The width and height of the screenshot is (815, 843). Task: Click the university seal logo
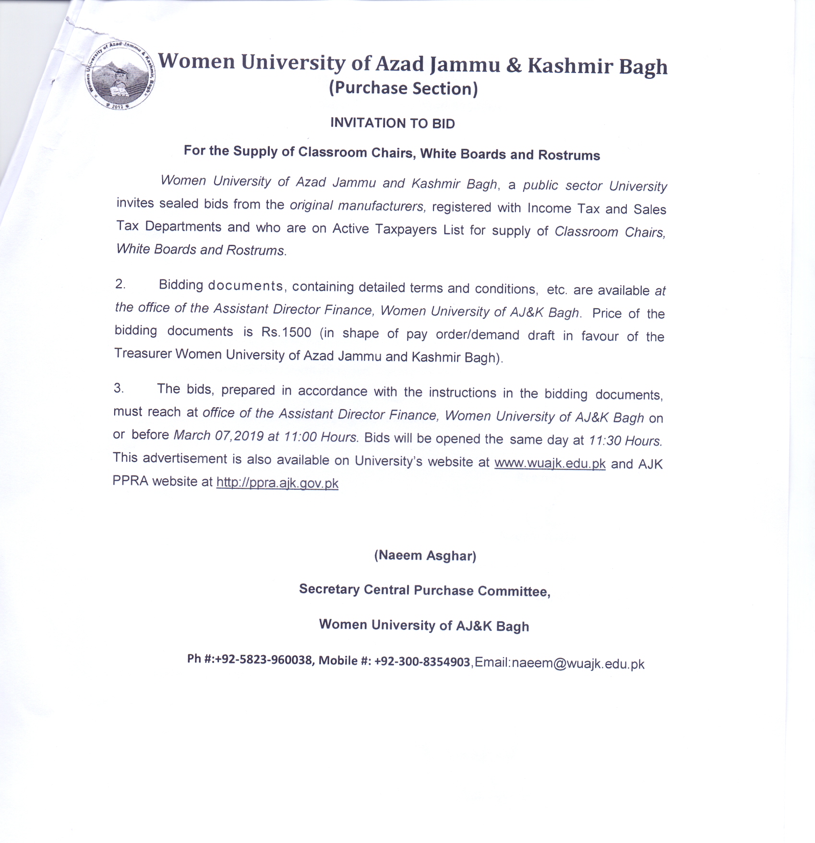point(120,74)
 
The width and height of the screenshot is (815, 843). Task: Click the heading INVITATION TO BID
point(392,123)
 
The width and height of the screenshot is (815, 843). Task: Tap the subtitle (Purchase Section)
point(403,88)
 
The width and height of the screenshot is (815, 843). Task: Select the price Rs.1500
point(286,332)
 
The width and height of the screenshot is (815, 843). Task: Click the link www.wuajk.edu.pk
point(550,463)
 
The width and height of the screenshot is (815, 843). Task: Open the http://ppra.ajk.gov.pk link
point(277,482)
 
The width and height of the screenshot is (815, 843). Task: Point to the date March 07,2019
point(218,435)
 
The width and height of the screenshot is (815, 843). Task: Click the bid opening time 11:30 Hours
point(625,440)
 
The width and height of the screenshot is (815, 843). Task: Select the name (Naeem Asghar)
point(425,555)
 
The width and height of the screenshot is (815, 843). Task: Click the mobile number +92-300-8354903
point(422,662)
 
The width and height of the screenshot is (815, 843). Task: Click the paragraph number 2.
point(120,284)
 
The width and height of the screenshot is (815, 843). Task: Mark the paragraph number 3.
point(119,388)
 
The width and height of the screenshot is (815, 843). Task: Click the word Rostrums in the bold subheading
point(569,155)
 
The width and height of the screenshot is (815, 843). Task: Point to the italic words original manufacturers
point(357,206)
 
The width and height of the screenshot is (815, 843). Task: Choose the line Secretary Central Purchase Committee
point(424,590)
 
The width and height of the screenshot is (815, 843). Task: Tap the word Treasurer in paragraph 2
point(143,353)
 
